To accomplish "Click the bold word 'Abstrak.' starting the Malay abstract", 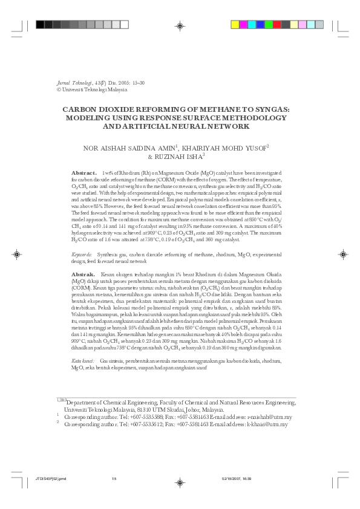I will click(83, 274).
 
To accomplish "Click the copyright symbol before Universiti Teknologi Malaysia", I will click(58, 89).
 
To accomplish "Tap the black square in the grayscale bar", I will click(40, 25).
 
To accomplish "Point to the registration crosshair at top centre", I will click(180, 25).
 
